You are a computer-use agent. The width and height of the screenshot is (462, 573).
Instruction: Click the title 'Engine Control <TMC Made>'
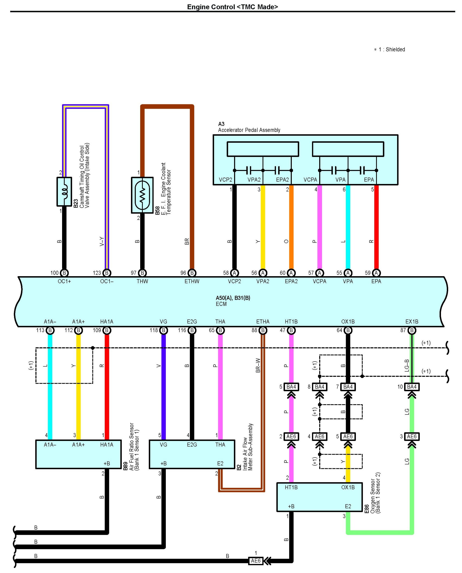[x=232, y=7]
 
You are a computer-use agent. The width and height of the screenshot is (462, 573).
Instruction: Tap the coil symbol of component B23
[x=64, y=191]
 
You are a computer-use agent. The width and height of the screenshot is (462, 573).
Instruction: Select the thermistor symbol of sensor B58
[x=142, y=195]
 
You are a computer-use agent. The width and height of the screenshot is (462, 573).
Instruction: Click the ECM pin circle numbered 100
[x=64, y=273]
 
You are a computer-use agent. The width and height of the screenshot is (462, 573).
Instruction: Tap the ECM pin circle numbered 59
[x=376, y=273]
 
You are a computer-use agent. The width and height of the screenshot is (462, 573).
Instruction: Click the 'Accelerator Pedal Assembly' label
[x=249, y=130]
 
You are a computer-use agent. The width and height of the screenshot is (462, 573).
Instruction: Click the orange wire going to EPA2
[x=291, y=229]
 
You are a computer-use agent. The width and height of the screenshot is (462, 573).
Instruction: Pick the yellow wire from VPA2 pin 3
[x=263, y=229]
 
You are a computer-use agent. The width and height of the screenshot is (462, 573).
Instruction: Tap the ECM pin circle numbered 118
[x=163, y=330]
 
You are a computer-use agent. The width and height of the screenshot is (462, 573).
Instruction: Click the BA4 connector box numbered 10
[x=412, y=387]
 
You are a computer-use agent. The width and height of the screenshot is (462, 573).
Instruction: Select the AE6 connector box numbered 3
[x=412, y=436]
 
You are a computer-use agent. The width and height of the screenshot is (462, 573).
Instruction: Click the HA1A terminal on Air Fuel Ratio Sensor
[x=106, y=445]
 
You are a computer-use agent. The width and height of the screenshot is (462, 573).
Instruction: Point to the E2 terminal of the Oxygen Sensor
[x=348, y=506]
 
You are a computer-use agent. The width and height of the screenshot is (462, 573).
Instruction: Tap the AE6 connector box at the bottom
[x=256, y=561]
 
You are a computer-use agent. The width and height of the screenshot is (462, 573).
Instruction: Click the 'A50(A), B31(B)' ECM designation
[x=233, y=298]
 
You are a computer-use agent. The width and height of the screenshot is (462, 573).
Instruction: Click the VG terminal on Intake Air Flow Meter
[x=163, y=445]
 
